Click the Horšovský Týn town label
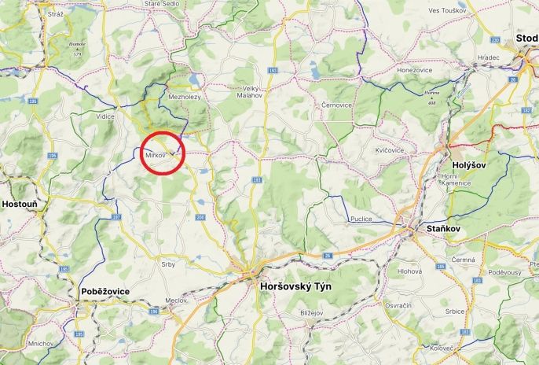[x=295, y=286]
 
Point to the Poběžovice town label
[x=105, y=291]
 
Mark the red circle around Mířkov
[x=162, y=153]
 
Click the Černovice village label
[x=338, y=104]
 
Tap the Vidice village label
[x=105, y=116]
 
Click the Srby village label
[x=168, y=264]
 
